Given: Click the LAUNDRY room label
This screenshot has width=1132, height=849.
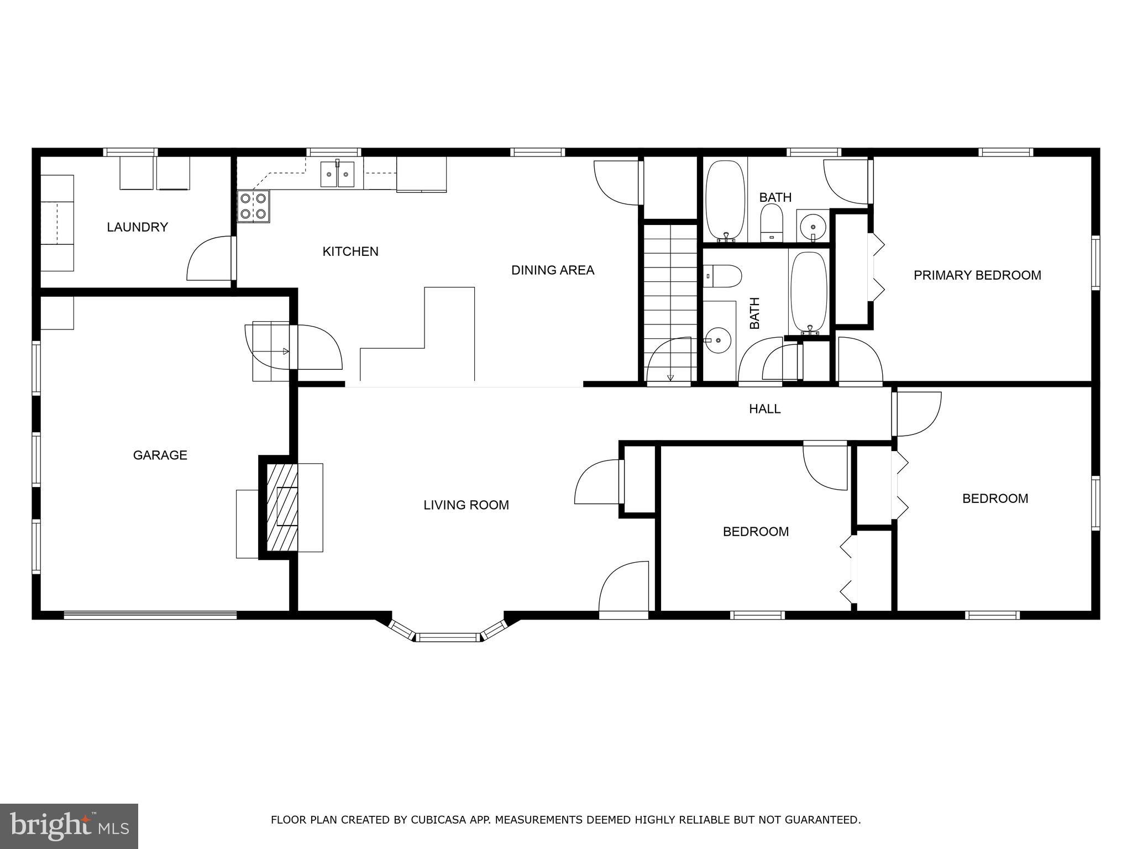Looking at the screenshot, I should (x=137, y=227).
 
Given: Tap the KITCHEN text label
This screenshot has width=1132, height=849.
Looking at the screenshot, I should (x=350, y=251).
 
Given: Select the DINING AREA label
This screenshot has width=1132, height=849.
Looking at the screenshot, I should (x=552, y=270).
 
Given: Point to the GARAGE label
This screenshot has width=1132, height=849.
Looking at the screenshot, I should (x=160, y=455).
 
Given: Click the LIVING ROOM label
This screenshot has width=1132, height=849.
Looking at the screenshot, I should (x=466, y=505).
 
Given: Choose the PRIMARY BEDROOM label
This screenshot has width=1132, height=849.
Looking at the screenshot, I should (x=977, y=275).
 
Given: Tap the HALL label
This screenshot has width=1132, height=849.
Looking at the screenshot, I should (x=764, y=409).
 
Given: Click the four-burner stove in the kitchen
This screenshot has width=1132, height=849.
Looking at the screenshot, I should (x=254, y=206).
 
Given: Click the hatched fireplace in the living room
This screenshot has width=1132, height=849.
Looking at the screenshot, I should (x=282, y=507).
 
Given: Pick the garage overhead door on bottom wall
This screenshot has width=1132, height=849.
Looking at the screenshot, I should (x=150, y=614).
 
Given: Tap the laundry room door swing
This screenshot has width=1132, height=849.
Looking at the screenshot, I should (x=210, y=260).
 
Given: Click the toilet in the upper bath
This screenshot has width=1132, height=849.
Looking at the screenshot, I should (x=772, y=222).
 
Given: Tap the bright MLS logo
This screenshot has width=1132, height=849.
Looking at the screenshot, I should (x=69, y=826).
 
